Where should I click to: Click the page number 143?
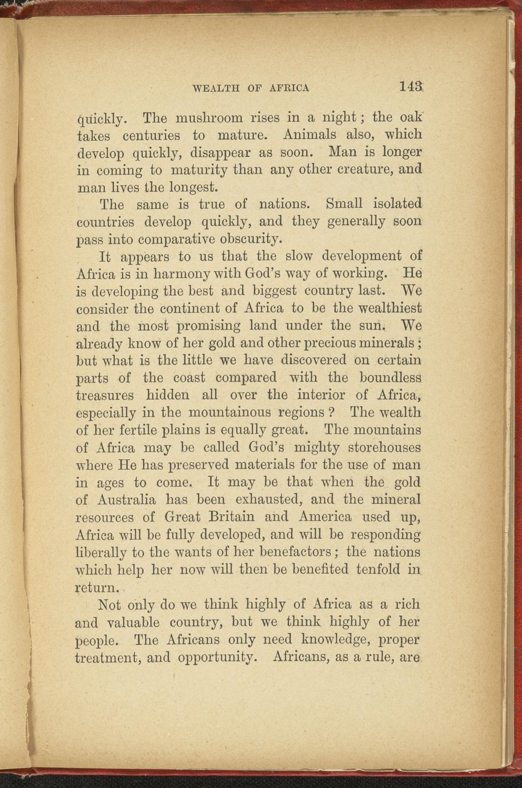pos(411,86)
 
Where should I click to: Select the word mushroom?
pos(209,119)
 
